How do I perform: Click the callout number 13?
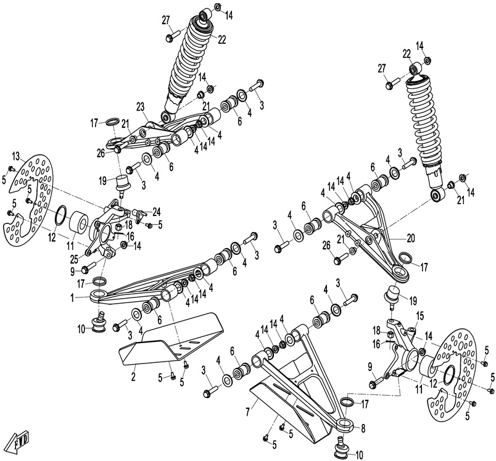(x=17, y=154)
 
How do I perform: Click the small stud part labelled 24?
(x=141, y=214)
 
